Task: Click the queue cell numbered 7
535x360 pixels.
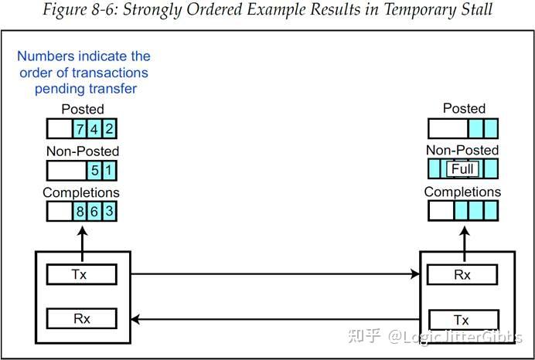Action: pyautogui.click(x=80, y=128)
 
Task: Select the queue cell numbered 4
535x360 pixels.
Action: pyautogui.click(x=94, y=128)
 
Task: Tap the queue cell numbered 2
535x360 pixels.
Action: pyautogui.click(x=109, y=128)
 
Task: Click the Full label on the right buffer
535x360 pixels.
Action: pyautogui.click(x=463, y=169)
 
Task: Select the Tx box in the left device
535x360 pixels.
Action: pyautogui.click(x=81, y=274)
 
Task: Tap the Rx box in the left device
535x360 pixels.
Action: pyautogui.click(x=81, y=318)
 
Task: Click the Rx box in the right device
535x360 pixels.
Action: pyautogui.click(x=462, y=274)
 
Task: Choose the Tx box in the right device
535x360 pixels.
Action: pyautogui.click(x=462, y=319)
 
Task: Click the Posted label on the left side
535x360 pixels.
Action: pyautogui.click(x=82, y=110)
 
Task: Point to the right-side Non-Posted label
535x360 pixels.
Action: pyautogui.click(x=463, y=150)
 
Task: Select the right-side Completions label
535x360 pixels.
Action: pyautogui.click(x=462, y=192)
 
